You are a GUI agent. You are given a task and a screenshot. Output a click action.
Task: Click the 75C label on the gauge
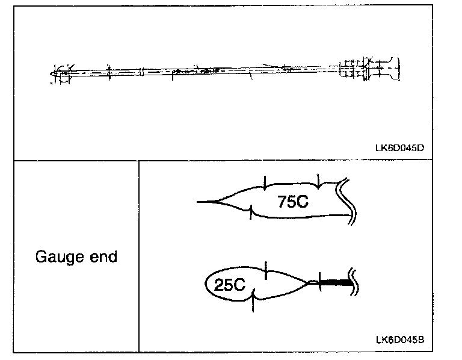293,202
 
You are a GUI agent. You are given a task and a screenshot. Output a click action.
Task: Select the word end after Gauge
102,256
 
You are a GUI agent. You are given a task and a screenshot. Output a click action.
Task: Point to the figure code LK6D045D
401,146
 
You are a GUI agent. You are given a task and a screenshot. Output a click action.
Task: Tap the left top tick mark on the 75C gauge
265,182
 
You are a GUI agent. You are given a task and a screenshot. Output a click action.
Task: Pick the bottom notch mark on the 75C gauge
251,213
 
